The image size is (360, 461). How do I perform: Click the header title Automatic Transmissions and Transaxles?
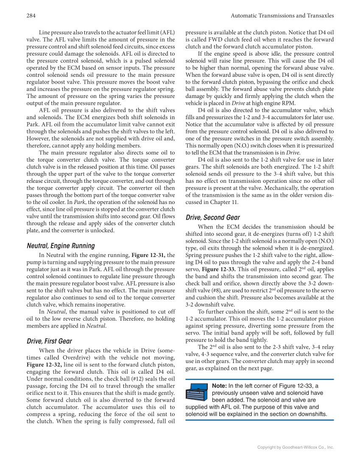click(282, 16)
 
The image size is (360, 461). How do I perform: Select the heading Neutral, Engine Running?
click(61, 246)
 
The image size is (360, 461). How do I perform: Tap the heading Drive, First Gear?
click(49, 341)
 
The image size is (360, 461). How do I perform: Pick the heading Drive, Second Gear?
click(213, 218)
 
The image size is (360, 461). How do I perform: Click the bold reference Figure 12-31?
click(148, 255)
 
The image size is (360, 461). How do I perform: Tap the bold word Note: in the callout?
click(219, 386)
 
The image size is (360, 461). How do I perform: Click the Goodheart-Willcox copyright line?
click(296, 447)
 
